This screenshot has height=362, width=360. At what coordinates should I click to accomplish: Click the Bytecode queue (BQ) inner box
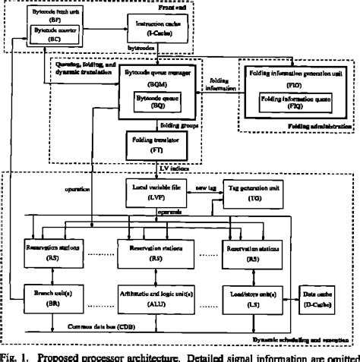tap(158, 103)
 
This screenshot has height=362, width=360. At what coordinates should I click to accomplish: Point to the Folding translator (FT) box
tap(158, 144)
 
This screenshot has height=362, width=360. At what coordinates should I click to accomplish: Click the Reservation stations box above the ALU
tap(158, 253)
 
